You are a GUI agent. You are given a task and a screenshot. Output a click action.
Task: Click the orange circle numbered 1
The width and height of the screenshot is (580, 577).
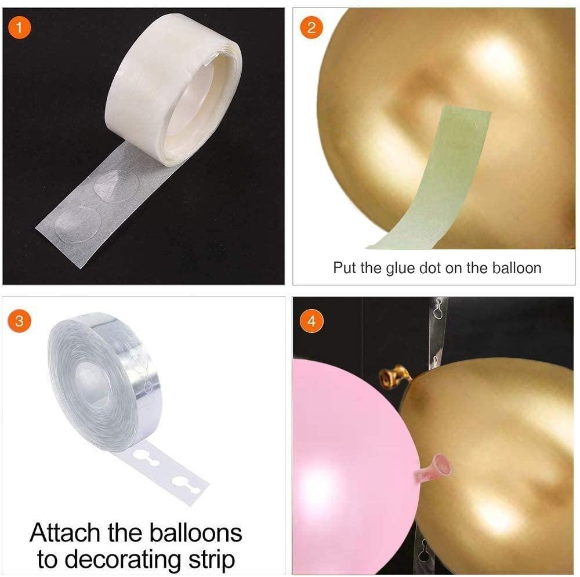pyautogui.click(x=19, y=27)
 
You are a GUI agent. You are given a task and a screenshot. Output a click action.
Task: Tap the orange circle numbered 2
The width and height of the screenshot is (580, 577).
pyautogui.click(x=311, y=27)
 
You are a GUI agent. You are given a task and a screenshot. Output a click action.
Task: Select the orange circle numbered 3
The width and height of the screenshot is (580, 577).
pyautogui.click(x=19, y=321)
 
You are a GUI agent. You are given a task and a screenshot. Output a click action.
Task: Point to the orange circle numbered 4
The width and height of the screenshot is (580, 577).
pyautogui.click(x=311, y=321)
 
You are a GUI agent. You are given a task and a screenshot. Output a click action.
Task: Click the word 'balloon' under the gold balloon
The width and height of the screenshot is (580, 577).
pyautogui.click(x=517, y=267)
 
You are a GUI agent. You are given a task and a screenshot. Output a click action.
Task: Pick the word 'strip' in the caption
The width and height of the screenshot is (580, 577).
pyautogui.click(x=212, y=560)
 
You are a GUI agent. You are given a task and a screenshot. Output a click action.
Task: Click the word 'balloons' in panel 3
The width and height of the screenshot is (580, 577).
pyautogui.click(x=195, y=533)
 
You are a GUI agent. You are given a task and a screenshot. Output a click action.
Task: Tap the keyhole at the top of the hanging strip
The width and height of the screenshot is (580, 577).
pyautogui.click(x=438, y=310)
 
